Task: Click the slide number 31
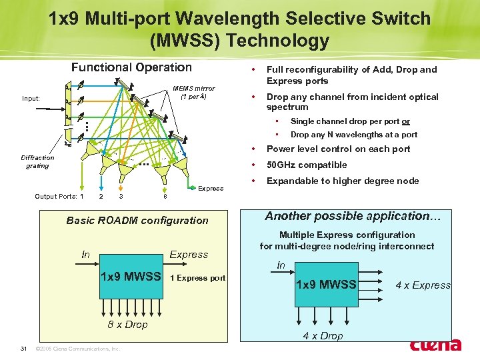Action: (x=23, y=348)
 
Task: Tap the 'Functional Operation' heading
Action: (x=131, y=67)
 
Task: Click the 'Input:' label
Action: (x=31, y=98)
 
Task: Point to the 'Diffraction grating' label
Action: (x=37, y=161)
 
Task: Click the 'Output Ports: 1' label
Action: (x=59, y=196)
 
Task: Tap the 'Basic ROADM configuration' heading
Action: (x=137, y=220)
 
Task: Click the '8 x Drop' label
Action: (x=127, y=324)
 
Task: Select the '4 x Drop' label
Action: (x=323, y=335)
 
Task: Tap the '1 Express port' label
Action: (x=198, y=277)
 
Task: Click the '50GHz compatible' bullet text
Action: (x=307, y=165)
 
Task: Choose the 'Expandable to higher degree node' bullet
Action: (x=343, y=181)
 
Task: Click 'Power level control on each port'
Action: (x=338, y=149)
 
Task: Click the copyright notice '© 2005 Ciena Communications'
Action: (x=77, y=348)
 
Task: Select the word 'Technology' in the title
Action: (x=278, y=41)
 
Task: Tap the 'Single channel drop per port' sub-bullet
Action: (x=350, y=121)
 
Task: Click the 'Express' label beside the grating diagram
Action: (x=211, y=188)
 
